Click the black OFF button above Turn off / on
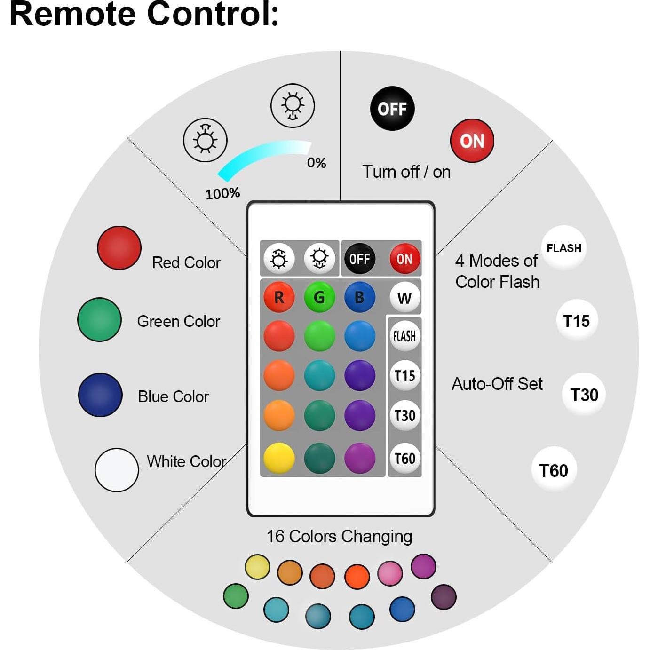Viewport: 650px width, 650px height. click(x=392, y=109)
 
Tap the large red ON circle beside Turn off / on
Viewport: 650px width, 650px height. click(x=472, y=141)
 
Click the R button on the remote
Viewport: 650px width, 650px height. click(x=279, y=297)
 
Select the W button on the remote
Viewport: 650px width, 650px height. click(x=404, y=297)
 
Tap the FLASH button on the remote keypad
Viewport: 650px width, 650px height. click(x=404, y=336)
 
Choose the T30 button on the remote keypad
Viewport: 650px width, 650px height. click(x=404, y=415)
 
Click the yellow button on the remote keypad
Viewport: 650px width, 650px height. click(x=279, y=458)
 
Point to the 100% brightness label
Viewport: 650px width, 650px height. click(x=222, y=193)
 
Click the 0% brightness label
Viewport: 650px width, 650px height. click(x=317, y=163)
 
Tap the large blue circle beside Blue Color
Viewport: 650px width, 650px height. click(x=100, y=395)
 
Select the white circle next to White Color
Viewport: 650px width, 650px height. click(x=117, y=470)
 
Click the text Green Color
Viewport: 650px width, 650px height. click(x=178, y=321)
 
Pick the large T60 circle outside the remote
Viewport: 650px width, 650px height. click(x=554, y=470)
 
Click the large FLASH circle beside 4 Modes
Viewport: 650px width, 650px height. click(x=563, y=248)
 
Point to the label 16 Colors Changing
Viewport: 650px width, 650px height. click(x=339, y=536)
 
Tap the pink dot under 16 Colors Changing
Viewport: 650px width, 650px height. click(x=390, y=573)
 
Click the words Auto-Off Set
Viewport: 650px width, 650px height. click(x=497, y=384)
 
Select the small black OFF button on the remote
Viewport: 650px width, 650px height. click(x=360, y=258)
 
